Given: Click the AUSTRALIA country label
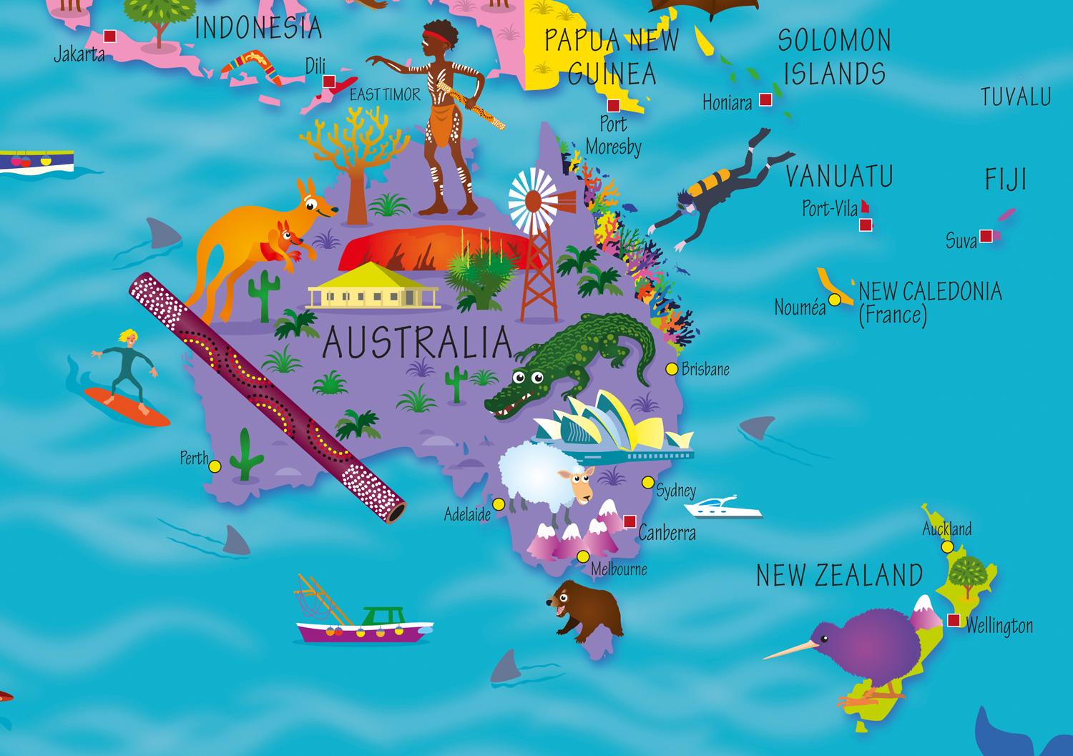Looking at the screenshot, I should (418, 343).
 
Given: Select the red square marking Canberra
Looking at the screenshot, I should (629, 521).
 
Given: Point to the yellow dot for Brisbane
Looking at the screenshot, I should (671, 369).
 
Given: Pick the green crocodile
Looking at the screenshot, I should (572, 365).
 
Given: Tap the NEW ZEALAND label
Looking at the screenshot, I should (838, 576).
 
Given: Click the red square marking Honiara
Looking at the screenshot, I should (765, 100).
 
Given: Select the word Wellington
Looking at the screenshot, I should (999, 627).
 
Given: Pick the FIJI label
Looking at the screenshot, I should (1006, 180).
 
